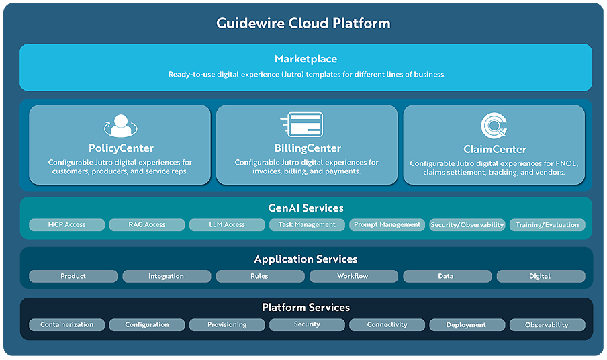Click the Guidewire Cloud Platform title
[303, 23]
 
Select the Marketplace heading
[306, 59]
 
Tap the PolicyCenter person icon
[120, 126]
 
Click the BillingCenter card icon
[301, 125]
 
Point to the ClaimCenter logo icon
[494, 126]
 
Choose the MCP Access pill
[67, 225]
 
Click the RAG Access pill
[146, 225]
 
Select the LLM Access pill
[227, 225]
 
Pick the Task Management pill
[307, 225]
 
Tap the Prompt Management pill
[386, 225]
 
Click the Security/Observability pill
[467, 225]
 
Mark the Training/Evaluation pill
[547, 225]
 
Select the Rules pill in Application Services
[259, 276]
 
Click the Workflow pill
[353, 276]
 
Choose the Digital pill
[540, 276]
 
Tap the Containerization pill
[67, 325]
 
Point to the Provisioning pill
[227, 325]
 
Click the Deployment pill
[466, 325]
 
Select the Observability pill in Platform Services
[547, 325]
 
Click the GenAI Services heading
[306, 208]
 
